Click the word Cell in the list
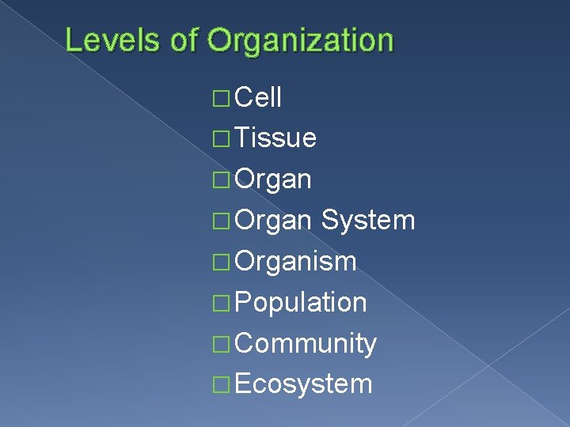pos(259,98)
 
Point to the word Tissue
pos(276,139)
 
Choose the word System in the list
pos(368,221)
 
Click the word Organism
pos(295,262)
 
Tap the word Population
pos(301,303)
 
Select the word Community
pos(306,344)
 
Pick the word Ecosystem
pos(303,384)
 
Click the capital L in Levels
pos(73,40)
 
